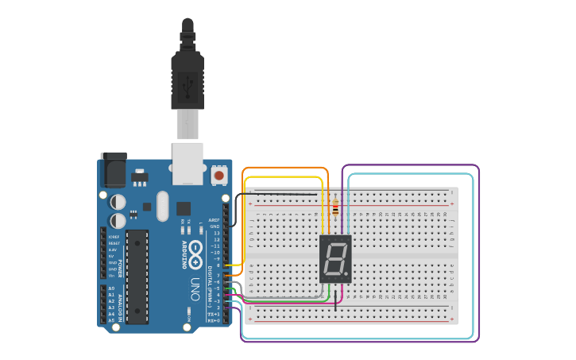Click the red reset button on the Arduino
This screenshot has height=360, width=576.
[218, 173]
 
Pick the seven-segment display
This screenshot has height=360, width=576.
[335, 259]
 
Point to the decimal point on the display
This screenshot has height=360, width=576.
[348, 275]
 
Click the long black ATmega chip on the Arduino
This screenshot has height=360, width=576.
[137, 277]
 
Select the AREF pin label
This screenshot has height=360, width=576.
[214, 220]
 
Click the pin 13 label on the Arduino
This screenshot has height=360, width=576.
[215, 233]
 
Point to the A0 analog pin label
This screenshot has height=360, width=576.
[111, 288]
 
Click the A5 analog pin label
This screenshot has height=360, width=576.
[111, 320]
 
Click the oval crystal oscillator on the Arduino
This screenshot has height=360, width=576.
[163, 206]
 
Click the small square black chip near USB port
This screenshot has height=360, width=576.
[184, 208]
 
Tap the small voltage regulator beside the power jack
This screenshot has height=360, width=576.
[140, 176]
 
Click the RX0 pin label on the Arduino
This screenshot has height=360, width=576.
[213, 320]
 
